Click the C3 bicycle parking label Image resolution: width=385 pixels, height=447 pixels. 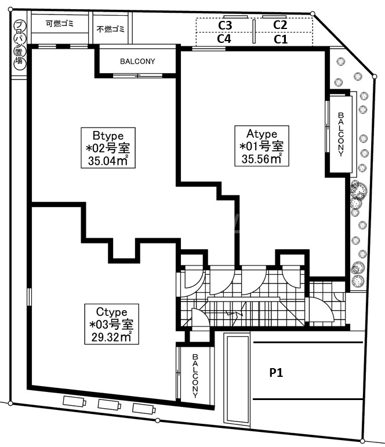pos(225,26)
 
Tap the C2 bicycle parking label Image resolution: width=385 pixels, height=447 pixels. pos(280,25)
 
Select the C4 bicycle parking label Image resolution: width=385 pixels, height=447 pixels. pos(224,38)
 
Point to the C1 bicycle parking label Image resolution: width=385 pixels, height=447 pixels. pos(281,39)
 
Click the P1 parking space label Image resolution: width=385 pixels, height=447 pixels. pos(277,373)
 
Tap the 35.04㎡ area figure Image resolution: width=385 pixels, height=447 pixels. pos(108,161)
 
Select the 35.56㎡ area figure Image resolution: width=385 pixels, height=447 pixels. pos(261,159)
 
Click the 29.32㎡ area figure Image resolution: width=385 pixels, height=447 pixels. pos(111,337)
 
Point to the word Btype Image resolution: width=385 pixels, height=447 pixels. pos(108,136)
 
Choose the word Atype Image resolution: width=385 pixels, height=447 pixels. pos(262,134)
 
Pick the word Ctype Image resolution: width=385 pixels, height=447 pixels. pos(111,312)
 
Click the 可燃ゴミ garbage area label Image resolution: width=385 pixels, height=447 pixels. pos(60,23)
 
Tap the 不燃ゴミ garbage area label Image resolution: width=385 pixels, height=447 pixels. pos(110,29)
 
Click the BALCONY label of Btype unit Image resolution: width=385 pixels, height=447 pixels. pos(137,61)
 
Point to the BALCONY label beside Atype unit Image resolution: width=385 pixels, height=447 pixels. pos(341,135)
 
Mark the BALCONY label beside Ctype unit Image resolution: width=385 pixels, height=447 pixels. pos(195,376)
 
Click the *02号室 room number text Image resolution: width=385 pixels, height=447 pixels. pos(108,148)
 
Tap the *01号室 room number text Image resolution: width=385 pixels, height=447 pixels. pos(261,146)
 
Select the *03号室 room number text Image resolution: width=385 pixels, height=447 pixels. pos(111,325)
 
